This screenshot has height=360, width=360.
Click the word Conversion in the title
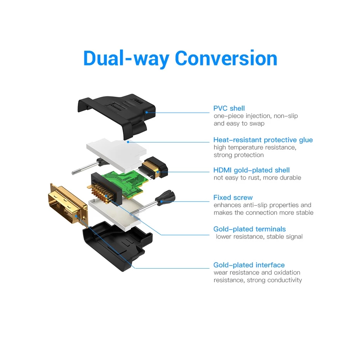click(x=226, y=58)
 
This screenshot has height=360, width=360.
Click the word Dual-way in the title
click(x=126, y=58)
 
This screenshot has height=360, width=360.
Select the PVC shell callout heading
click(x=229, y=108)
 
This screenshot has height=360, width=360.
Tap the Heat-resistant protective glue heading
click(x=263, y=140)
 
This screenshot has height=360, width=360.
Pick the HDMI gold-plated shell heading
click(x=251, y=170)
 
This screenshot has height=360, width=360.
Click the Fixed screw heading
click(x=233, y=197)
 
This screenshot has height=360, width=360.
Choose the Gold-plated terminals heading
click(x=249, y=229)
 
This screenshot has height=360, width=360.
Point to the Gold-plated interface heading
click(x=249, y=265)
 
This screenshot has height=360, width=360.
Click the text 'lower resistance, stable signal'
click(x=259, y=237)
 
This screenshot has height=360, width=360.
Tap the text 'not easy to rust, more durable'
click(x=257, y=178)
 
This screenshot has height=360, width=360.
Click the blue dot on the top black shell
click(x=147, y=112)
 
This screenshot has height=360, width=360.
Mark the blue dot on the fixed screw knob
click(x=161, y=201)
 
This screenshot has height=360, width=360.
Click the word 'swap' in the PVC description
click(x=257, y=123)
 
